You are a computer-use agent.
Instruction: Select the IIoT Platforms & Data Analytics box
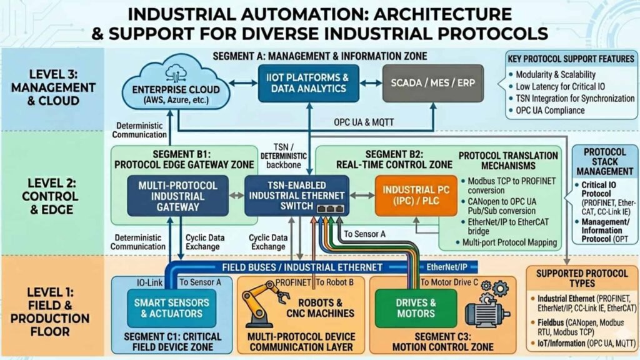tap(309, 83)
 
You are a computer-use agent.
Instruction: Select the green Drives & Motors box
tap(416, 308)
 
